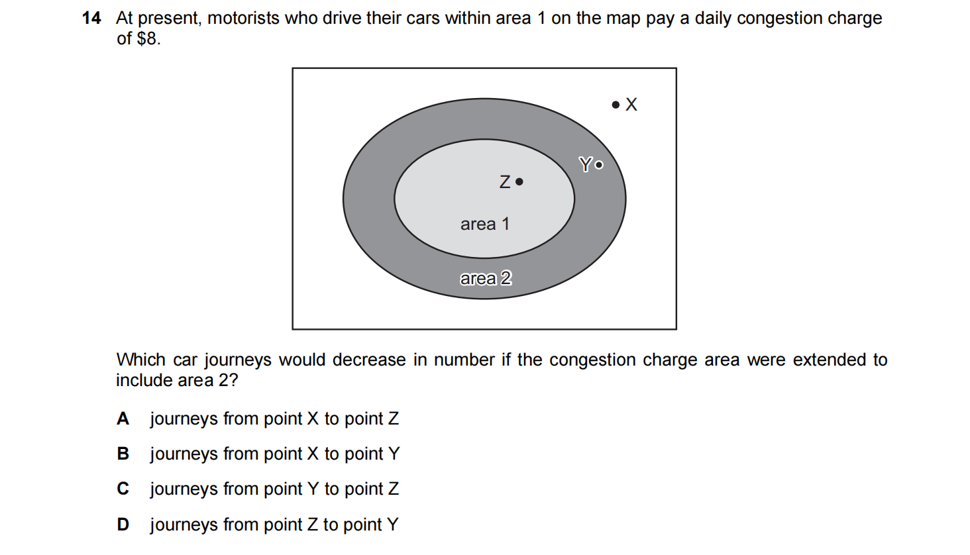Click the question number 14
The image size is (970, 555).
(91, 18)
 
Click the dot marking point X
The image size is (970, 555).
(616, 105)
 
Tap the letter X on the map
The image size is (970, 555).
(631, 105)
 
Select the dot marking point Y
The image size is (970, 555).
(599, 165)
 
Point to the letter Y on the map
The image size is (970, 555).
(586, 164)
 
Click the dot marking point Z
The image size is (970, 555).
(519, 182)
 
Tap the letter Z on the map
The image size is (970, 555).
(505, 182)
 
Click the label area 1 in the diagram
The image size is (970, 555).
(484, 225)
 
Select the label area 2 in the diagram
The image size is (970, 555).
(486, 278)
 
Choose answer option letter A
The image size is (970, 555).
(123, 419)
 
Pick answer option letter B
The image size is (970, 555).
(123, 454)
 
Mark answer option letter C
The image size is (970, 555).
(123, 489)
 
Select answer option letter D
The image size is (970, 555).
(123, 525)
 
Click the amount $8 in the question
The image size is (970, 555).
(148, 39)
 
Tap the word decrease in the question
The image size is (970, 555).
(369, 360)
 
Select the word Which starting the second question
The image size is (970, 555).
(140, 360)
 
